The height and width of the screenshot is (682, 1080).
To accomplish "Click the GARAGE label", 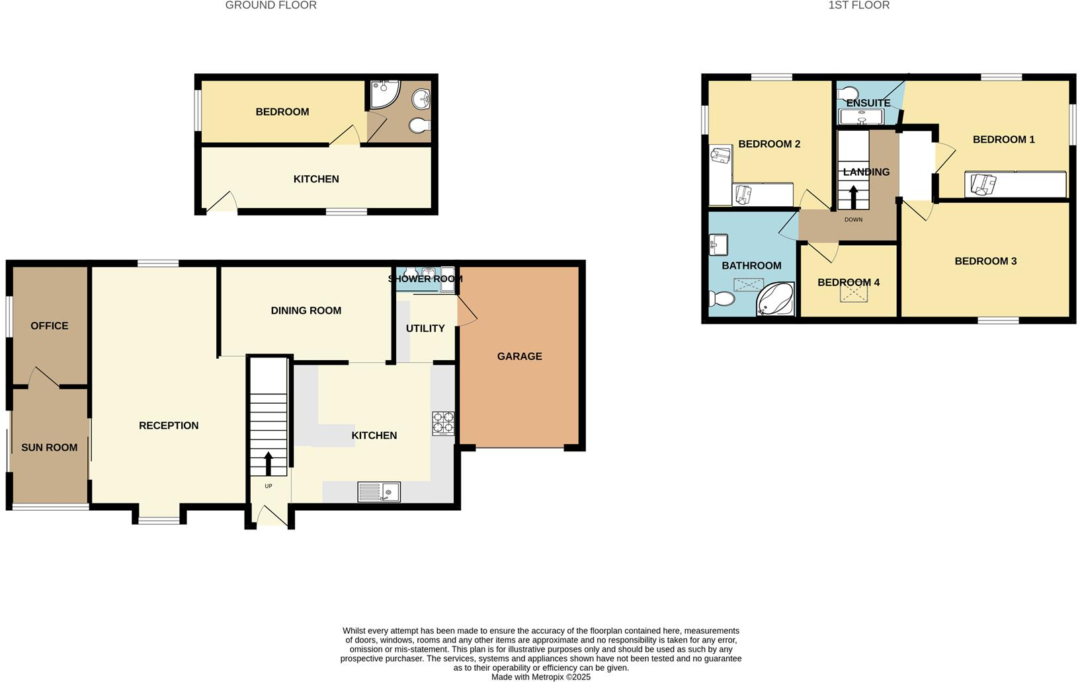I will pos(519,356).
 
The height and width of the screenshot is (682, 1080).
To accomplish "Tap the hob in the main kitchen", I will pos(443,423).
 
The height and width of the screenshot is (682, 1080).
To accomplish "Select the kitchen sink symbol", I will pos(378,492).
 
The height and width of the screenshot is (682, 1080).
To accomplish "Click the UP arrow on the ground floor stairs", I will pos(269,464).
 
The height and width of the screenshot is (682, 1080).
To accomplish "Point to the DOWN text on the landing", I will pos(853,219).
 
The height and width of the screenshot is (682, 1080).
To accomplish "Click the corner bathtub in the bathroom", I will pos(775,299).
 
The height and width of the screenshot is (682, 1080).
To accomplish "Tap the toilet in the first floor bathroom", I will pos(722,299).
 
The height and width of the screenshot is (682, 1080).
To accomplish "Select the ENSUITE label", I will pos(868,103).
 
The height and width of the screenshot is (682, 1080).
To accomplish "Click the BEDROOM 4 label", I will pos(848,282).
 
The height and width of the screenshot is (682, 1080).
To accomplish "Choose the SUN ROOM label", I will pos(50,447).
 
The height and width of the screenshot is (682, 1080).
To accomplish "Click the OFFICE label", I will pos(50,326).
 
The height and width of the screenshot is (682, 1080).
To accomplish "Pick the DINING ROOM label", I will pos(306,311).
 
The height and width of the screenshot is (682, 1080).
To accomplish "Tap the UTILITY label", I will pos(425,328).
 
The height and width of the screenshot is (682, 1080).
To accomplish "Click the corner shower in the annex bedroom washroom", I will pos(384,94).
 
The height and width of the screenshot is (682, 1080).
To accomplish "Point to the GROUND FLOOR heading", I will pos(270,5).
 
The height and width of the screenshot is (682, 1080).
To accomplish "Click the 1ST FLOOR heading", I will pos(858,5).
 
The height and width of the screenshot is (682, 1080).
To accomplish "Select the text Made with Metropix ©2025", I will pos(540,677).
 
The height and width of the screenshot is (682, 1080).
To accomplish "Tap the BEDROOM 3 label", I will pos(985,261).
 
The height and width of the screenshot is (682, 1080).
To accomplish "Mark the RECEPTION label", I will pos(169,426).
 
